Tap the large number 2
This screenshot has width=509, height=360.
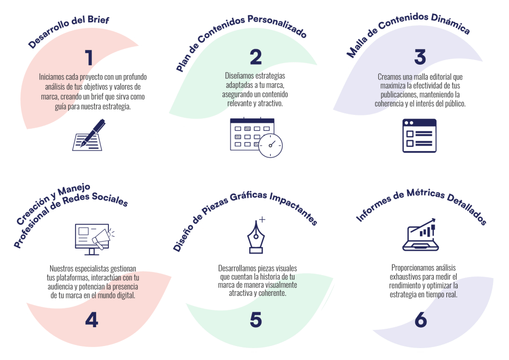point(256,57)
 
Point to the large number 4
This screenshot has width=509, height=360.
point(92,320)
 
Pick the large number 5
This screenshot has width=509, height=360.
point(256,320)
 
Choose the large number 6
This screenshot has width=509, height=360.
point(420,320)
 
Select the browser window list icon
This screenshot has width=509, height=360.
point(419,135)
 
